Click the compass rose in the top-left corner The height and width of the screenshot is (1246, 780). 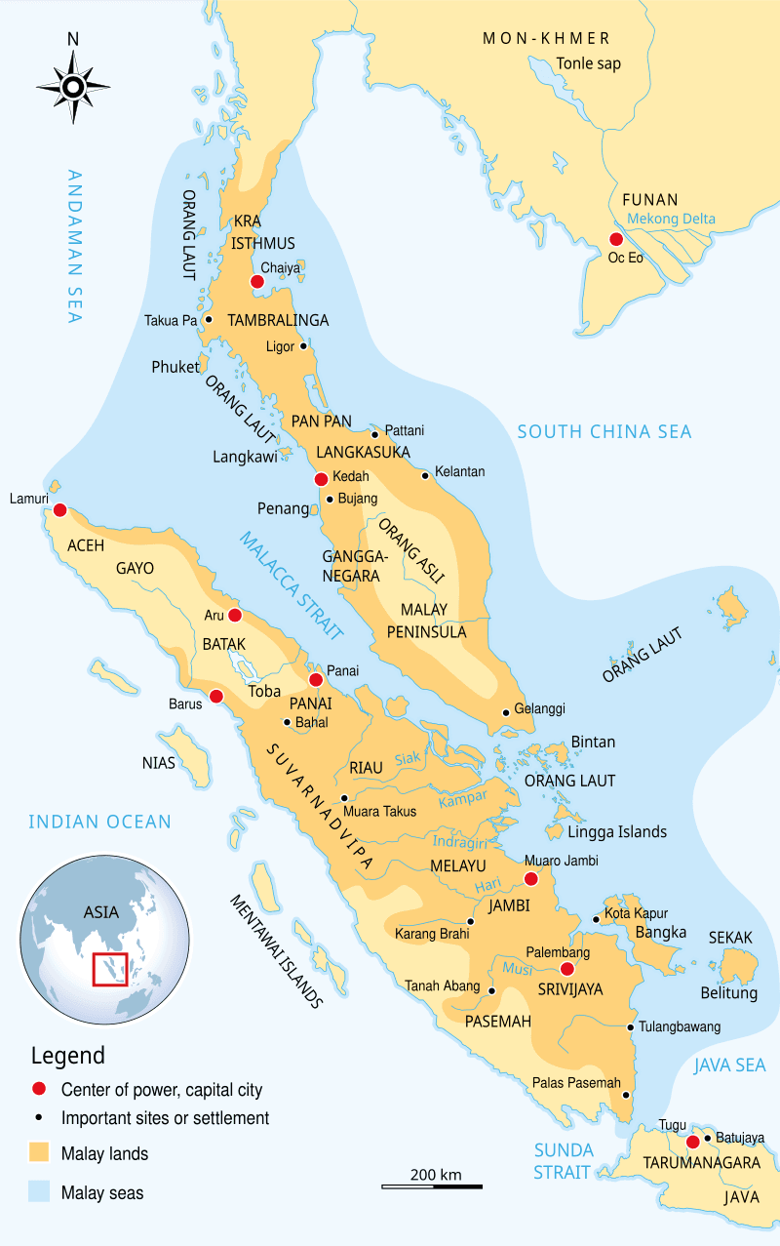tap(73, 87)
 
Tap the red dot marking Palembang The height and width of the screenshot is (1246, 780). tap(567, 969)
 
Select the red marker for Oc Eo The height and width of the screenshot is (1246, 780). tap(615, 239)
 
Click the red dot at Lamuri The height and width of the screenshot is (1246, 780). tap(59, 509)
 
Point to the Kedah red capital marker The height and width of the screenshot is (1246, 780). tap(321, 479)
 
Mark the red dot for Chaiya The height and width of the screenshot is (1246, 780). tap(256, 282)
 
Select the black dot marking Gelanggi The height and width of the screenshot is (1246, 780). tap(505, 711)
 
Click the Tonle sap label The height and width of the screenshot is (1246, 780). tap(588, 63)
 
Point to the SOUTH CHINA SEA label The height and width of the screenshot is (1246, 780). tap(604, 431)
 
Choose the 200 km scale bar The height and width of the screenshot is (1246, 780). tap(432, 1186)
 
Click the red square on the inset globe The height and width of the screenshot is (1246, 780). tap(109, 970)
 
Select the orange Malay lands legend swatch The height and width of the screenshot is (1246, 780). tap(38, 1153)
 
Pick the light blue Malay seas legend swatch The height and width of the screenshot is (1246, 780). tap(38, 1192)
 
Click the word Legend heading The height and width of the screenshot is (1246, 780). tap(68, 1056)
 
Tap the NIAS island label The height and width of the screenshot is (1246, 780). tap(159, 763)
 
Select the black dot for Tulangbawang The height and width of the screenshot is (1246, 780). tap(631, 1026)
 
